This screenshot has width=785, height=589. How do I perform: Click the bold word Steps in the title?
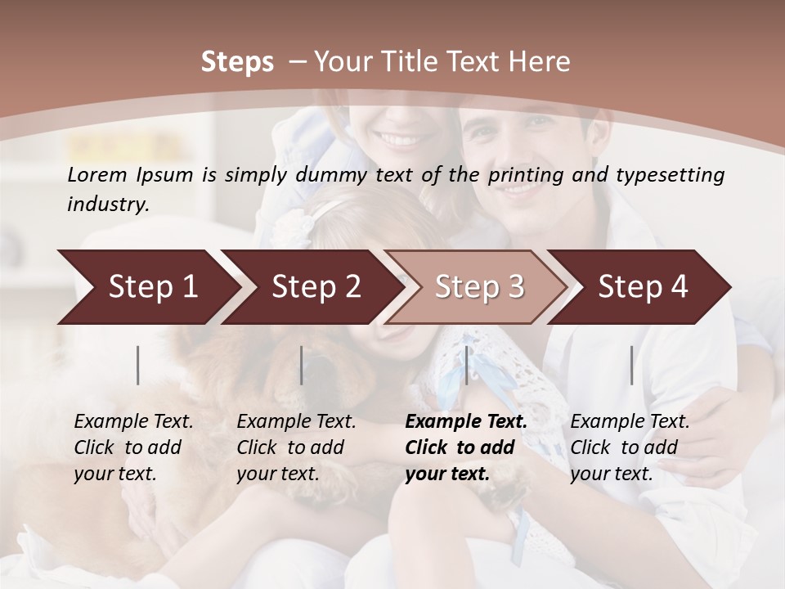coord(237,62)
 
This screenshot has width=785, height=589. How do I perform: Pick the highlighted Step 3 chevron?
coord(479,286)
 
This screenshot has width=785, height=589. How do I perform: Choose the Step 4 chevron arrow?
coord(643,286)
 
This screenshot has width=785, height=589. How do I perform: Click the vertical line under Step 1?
coord(138,365)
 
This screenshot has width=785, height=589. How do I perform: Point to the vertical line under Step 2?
coord(302,365)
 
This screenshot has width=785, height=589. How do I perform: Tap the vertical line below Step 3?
coord(466,365)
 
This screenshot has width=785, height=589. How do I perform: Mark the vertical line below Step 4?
coord(632,365)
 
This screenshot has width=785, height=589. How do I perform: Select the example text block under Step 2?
coord(296,447)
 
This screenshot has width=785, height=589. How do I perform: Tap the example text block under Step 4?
coord(630,447)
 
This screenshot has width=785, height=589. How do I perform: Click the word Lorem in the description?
coord(96,174)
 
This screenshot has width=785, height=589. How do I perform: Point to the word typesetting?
coord(675,174)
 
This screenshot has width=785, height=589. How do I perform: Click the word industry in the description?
coord(107,204)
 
